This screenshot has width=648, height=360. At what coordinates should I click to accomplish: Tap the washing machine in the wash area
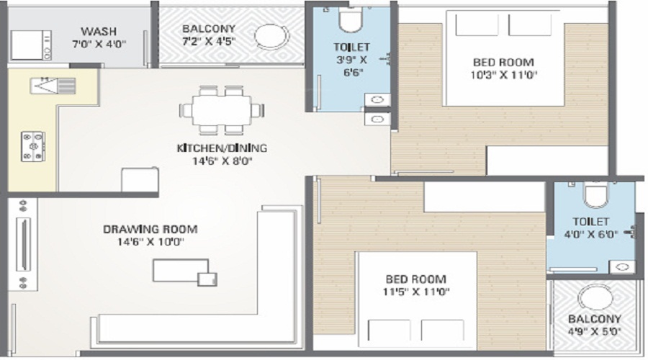[35, 45]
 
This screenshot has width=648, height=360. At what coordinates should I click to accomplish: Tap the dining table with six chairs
[221, 110]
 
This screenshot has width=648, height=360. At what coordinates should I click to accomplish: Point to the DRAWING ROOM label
[150, 229]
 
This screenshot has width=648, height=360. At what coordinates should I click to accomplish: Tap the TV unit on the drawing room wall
[22, 244]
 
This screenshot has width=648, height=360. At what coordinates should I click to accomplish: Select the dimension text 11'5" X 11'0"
[415, 292]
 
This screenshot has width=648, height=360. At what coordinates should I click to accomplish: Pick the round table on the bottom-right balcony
[595, 297]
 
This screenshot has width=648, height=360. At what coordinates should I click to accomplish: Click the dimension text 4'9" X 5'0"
[594, 332]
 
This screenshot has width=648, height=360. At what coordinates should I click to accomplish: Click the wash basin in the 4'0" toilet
[622, 267]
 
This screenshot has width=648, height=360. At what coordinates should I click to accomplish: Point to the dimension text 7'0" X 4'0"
[99, 44]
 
